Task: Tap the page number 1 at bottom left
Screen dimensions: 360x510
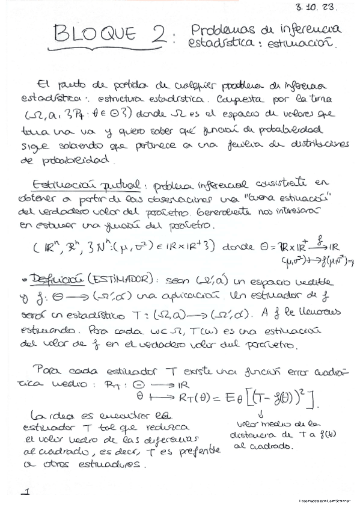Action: coord(25,493)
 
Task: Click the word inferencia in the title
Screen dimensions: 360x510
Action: coord(304,29)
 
